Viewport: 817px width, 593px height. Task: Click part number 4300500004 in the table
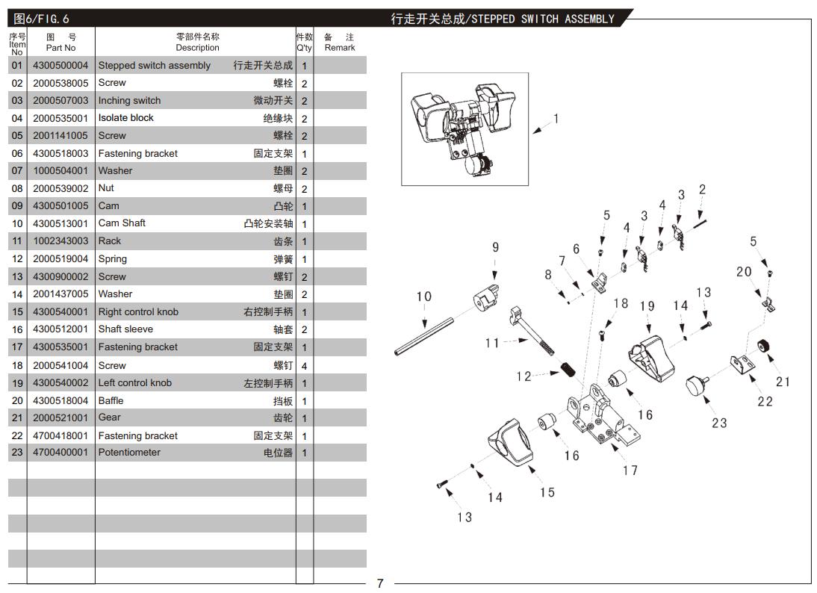[60, 66]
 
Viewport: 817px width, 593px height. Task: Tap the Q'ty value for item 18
[304, 366]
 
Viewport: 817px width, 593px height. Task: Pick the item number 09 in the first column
[17, 206]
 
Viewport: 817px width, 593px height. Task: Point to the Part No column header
[60, 43]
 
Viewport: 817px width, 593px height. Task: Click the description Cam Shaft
[122, 223]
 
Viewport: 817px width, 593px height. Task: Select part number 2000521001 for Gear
[60, 417]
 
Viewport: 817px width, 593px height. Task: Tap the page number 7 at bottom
[379, 583]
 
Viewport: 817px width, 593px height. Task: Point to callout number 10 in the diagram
[423, 296]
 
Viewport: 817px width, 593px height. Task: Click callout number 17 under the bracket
[630, 470]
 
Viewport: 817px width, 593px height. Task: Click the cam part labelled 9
[485, 296]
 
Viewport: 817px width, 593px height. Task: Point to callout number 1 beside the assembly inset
[556, 118]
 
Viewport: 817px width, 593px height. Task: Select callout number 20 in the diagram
[744, 272]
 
